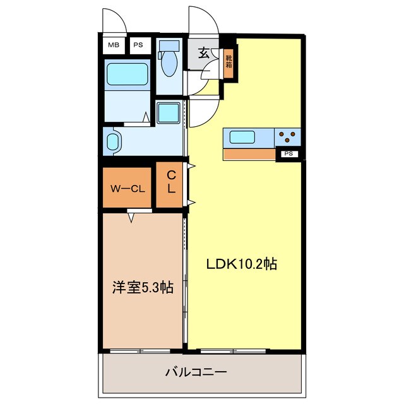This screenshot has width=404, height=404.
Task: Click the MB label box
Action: pyautogui.click(x=114, y=45)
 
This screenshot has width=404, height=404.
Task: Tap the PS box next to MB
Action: pyautogui.click(x=137, y=45)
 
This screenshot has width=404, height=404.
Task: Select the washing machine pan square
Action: pyautogui.click(x=169, y=114)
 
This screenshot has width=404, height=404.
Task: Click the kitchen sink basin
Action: pyautogui.click(x=242, y=136)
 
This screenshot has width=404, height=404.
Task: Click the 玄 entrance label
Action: pyautogui.click(x=205, y=52)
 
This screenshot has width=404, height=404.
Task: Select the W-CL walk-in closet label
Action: pyautogui.click(x=128, y=188)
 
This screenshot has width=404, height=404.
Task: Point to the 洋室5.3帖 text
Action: pyautogui.click(x=143, y=287)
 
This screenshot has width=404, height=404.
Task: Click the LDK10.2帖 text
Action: pyautogui.click(x=242, y=264)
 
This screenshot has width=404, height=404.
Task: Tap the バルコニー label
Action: pyautogui.click(x=196, y=372)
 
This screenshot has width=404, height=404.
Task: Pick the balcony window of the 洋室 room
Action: pyautogui.click(x=140, y=350)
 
